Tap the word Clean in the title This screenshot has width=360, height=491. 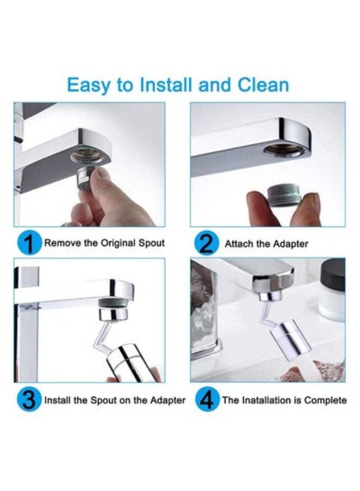coord(263,86)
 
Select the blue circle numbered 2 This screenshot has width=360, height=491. coord(206,244)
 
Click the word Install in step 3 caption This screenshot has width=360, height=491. coord(57,400)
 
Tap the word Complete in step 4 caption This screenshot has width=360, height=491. coord(325,400)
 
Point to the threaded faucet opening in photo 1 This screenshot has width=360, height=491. coord(86,156)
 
